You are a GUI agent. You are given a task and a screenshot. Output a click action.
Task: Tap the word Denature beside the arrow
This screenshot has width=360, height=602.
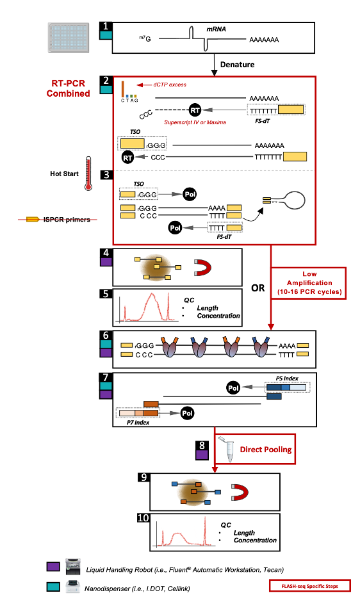pos(238,64)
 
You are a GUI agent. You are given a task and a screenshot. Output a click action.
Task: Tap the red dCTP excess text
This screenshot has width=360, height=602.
pos(174,85)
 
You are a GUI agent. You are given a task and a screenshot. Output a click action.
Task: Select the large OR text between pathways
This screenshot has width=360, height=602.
pos(258,288)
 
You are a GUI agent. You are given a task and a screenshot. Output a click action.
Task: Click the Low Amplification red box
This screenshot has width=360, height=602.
pos(309,282)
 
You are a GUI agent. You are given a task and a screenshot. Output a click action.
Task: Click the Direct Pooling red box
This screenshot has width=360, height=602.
pos(265,449)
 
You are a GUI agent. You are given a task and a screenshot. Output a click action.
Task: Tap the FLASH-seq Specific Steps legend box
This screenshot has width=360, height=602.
pos(310,585)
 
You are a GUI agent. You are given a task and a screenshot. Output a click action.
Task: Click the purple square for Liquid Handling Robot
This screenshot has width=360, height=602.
pos(54,567)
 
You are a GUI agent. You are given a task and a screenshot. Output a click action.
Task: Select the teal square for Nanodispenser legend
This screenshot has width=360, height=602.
pos(54,586)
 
